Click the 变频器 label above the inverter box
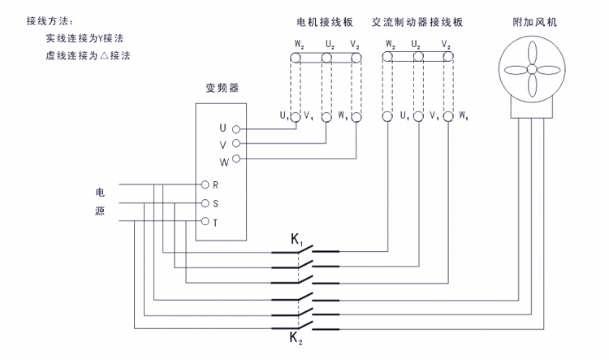(222, 87)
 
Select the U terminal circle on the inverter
(236, 128)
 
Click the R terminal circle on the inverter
(205, 184)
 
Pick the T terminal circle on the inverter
(205, 221)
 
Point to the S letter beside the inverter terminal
(216, 203)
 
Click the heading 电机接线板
(326, 21)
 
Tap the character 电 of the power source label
(100, 193)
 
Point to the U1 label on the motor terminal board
(285, 116)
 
